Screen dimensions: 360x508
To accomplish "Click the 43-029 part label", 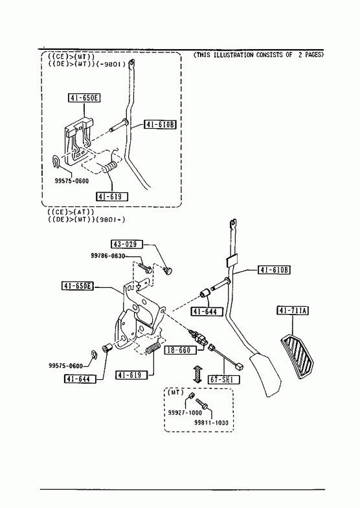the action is (x=127, y=244).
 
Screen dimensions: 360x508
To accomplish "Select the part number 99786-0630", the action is (x=108, y=256).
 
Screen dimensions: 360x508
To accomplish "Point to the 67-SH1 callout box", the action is (x=224, y=379).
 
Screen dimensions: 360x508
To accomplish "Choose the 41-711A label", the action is (x=293, y=311).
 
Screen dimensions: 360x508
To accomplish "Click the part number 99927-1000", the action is (x=185, y=413).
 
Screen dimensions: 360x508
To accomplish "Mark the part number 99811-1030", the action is (x=211, y=423).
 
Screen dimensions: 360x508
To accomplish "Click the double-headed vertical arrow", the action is (x=197, y=374).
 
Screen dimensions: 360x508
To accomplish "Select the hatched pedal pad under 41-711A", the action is (x=297, y=357).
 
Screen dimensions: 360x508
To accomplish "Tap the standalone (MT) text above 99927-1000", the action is (x=175, y=392).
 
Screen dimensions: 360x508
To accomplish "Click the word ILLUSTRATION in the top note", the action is (x=233, y=55).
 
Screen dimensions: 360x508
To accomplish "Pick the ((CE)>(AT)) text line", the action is (x=71, y=212).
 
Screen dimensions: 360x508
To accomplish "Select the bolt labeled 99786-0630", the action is (x=145, y=268).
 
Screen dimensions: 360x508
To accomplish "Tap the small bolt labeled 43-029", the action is (x=168, y=271).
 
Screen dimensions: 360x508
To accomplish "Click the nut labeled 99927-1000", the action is (x=191, y=395).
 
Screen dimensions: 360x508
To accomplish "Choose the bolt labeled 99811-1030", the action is (x=201, y=403).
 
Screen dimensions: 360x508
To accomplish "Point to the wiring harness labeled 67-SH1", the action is (x=226, y=357).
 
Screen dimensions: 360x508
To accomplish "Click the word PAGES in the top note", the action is (x=313, y=55).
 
